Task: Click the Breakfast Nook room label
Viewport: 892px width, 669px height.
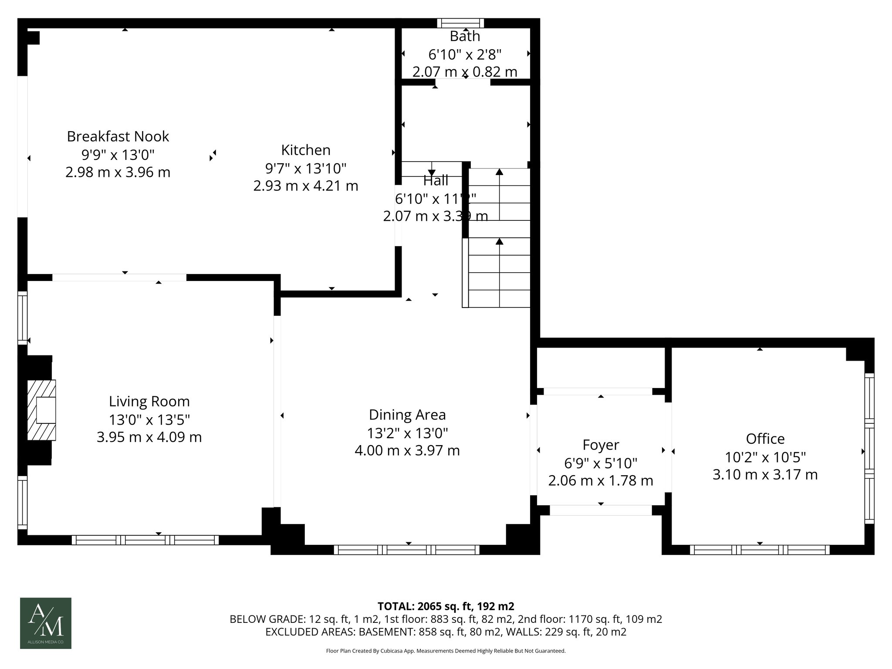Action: click(x=118, y=136)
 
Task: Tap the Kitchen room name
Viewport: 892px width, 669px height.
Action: click(x=305, y=150)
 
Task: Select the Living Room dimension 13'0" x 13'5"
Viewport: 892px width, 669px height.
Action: click(x=149, y=420)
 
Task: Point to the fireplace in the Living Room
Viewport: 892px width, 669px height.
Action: click(x=42, y=410)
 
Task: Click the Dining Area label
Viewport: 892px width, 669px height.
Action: click(x=407, y=415)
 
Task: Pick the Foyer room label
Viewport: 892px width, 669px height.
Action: click(x=601, y=445)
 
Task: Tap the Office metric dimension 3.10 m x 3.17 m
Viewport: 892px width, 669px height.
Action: click(x=765, y=474)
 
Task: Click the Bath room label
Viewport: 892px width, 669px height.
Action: click(x=465, y=36)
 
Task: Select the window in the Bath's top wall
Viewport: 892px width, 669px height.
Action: click(x=460, y=23)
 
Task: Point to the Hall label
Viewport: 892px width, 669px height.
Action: click(x=436, y=180)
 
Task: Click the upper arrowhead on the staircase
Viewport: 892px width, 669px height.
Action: click(x=499, y=172)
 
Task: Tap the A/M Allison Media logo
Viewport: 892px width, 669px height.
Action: click(x=46, y=623)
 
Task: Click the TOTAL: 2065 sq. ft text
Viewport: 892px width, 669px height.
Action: click(x=446, y=606)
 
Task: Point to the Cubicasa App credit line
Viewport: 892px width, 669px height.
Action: click(x=446, y=651)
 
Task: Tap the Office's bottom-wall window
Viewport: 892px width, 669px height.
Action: click(x=760, y=550)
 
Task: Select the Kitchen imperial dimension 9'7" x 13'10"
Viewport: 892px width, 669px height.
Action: click(x=305, y=168)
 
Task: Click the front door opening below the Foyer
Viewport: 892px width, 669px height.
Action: click(x=601, y=510)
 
